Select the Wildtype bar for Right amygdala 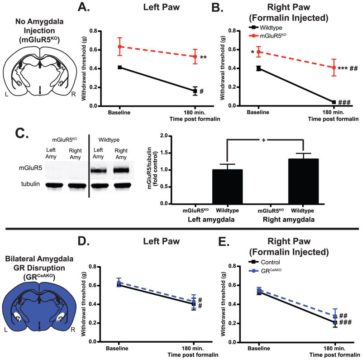pyautogui.click(x=301, y=182)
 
